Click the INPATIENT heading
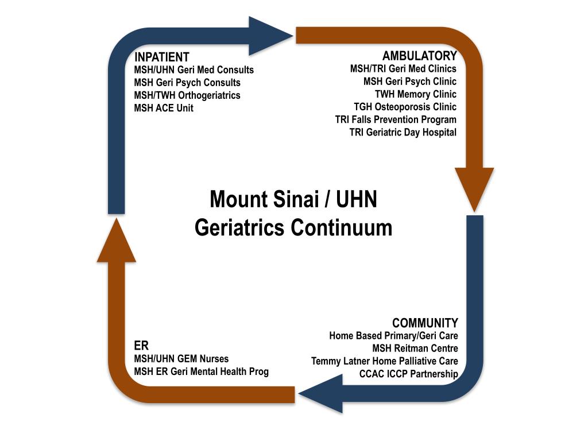pos(161,57)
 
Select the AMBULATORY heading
pos(419,56)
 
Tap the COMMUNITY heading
pos(425,323)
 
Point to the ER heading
pos(141,346)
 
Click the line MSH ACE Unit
pos(164,108)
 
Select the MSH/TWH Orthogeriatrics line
pos(187,95)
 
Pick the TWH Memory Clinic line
pos(416,94)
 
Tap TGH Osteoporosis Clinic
pos(405,107)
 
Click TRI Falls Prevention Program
pos(396,119)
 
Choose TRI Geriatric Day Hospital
pos(403,132)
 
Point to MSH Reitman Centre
pos(415,349)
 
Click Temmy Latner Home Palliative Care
pos(385,361)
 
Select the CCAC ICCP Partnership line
pos(409,374)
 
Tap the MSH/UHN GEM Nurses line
pos(181,359)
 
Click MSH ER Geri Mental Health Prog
pos(201,372)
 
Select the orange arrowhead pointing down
pos(474,187)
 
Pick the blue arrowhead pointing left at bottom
pos(319,393)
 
